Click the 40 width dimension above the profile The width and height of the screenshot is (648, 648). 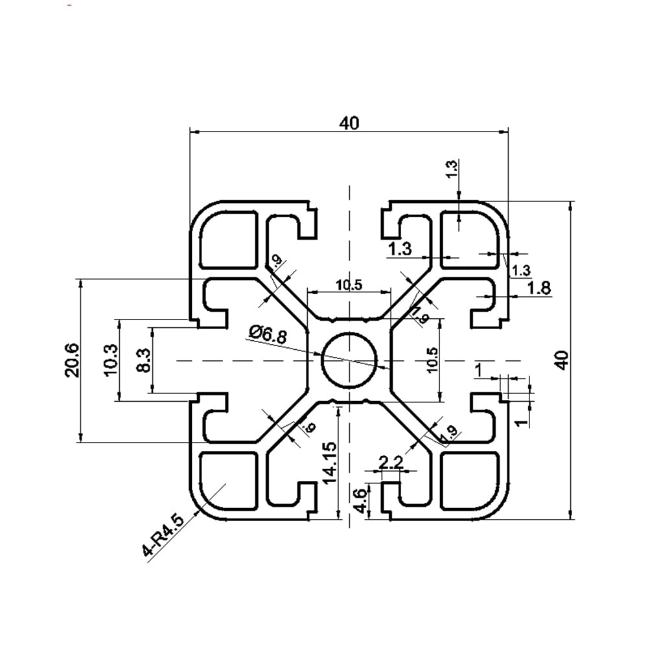[349, 123]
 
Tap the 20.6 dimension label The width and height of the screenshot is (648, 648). [72, 360]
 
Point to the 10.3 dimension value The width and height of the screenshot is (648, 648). [110, 360]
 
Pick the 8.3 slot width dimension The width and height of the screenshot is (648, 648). [144, 360]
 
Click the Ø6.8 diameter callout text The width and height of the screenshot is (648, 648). [266, 334]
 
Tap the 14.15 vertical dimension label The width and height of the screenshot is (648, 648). [329, 463]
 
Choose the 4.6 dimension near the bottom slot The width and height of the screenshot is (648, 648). [361, 500]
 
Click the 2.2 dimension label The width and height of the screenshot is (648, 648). [390, 463]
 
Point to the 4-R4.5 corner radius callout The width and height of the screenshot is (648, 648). [163, 536]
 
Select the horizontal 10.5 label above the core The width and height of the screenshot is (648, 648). [349, 284]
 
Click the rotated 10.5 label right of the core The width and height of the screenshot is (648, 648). [432, 360]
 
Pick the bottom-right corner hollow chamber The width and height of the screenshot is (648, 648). [470, 480]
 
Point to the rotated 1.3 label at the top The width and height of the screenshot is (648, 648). [452, 169]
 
